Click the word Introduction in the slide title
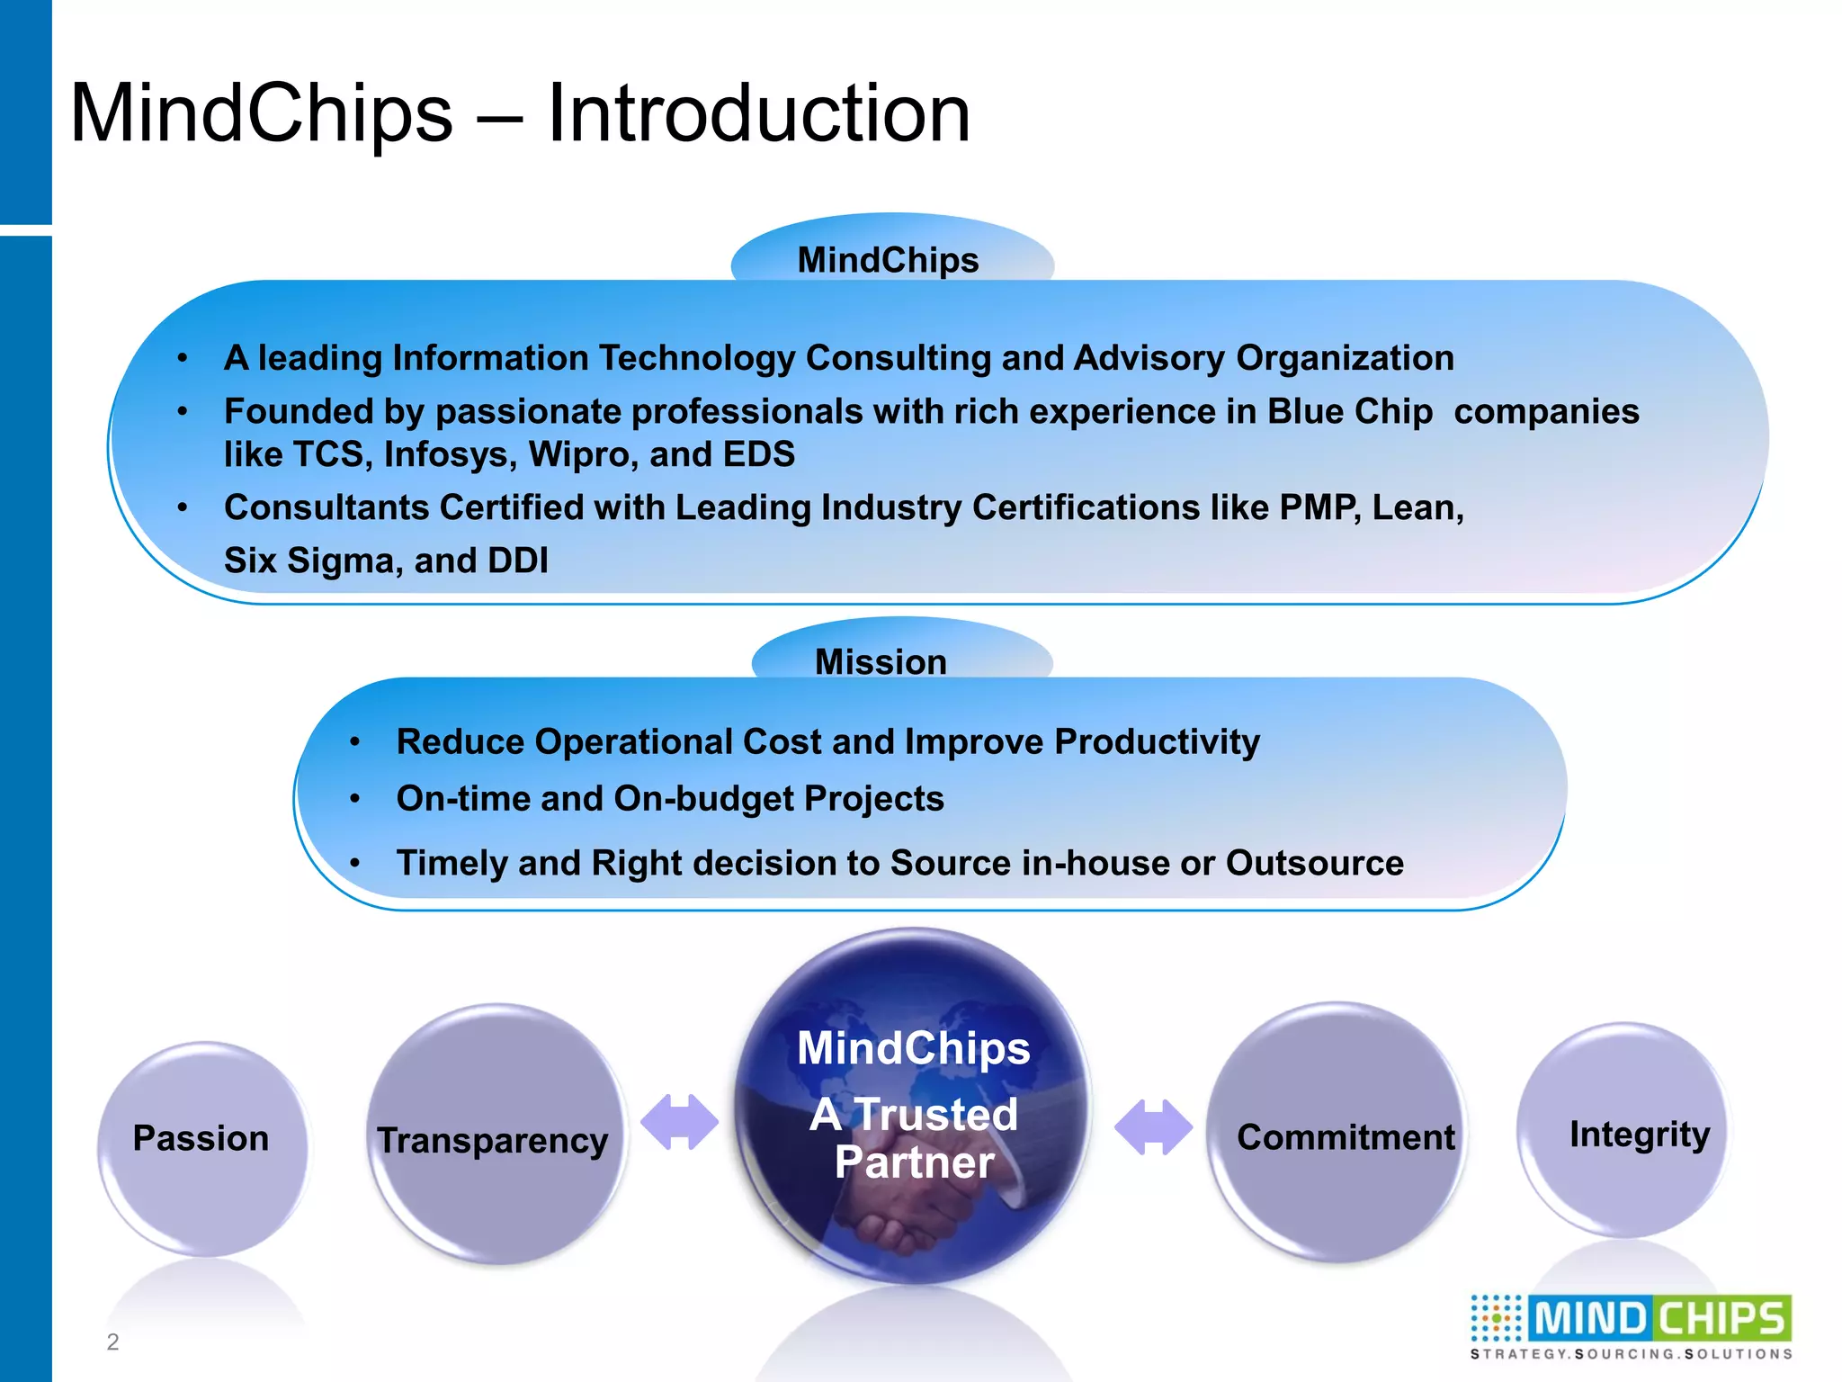(x=758, y=114)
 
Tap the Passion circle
(x=202, y=1147)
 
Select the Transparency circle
(x=496, y=1135)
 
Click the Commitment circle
(x=1337, y=1134)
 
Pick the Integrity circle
(x=1624, y=1130)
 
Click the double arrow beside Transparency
(x=679, y=1122)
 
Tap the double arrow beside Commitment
(x=1153, y=1126)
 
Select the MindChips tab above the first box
(x=889, y=258)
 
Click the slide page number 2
(x=112, y=1342)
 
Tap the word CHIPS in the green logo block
(x=1721, y=1320)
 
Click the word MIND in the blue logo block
(x=1589, y=1320)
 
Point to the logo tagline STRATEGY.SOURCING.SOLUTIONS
(x=1631, y=1354)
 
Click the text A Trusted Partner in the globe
(x=914, y=1137)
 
